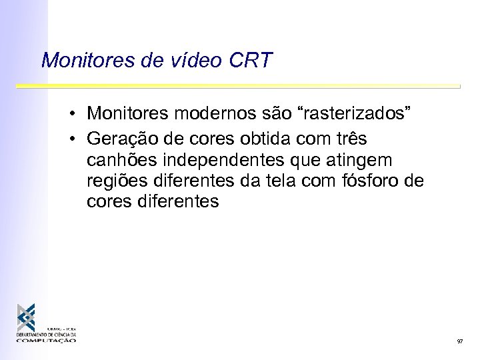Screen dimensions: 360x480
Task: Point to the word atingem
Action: pyautogui.click(x=363, y=161)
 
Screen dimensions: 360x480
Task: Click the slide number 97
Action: pyautogui.click(x=460, y=341)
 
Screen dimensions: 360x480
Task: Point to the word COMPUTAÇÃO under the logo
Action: pyautogui.click(x=47, y=340)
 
